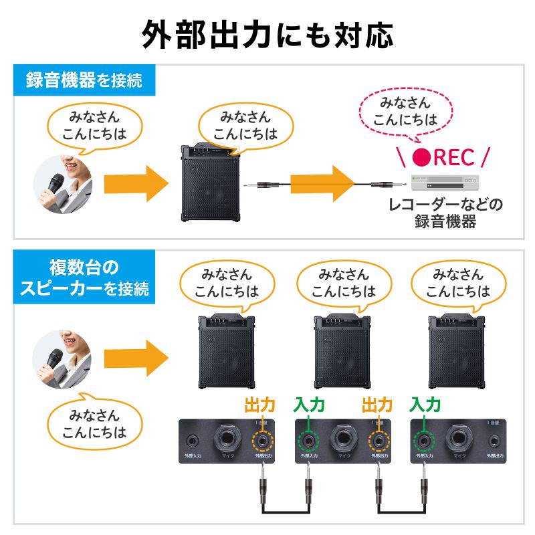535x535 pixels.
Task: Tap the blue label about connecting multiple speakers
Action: (84, 278)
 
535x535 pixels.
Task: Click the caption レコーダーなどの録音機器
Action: (445, 213)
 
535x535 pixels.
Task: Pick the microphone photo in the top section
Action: (64, 184)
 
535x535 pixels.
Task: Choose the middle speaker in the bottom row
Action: (343, 351)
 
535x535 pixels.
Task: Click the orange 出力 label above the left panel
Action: (260, 405)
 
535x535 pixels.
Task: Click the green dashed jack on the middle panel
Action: (308, 441)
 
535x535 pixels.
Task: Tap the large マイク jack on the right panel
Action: (459, 440)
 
